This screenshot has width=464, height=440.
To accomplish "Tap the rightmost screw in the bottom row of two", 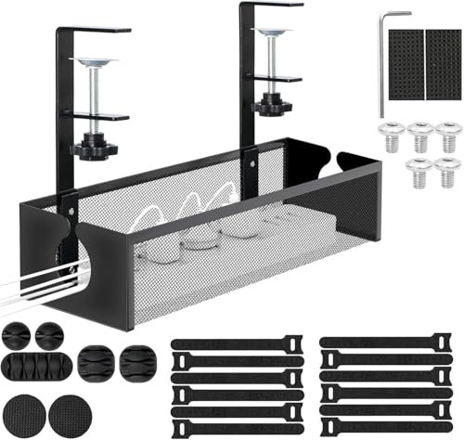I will [447, 171].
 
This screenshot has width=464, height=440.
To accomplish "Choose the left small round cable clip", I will [19, 331].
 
